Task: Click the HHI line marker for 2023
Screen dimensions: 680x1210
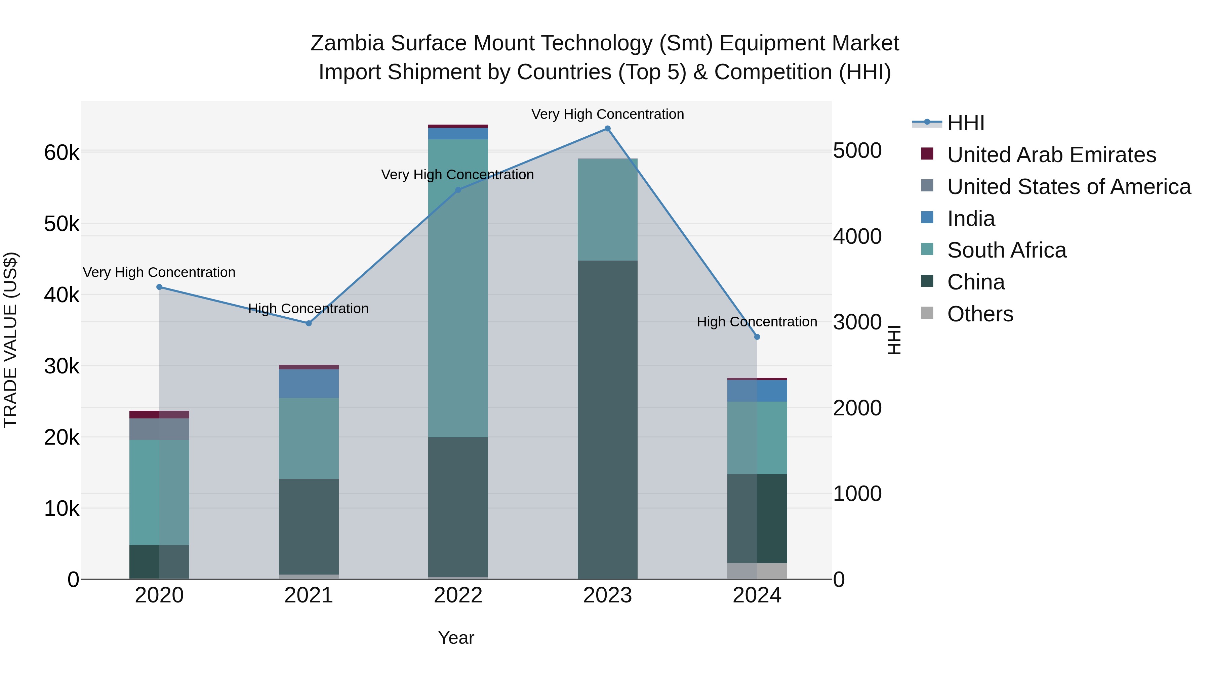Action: pyautogui.click(x=607, y=129)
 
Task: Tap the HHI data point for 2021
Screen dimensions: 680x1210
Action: pyautogui.click(x=309, y=323)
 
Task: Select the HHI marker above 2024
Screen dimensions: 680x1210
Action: pyautogui.click(x=757, y=337)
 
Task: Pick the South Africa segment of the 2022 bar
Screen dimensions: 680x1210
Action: pyautogui.click(x=458, y=288)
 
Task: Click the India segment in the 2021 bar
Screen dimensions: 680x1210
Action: pyautogui.click(x=309, y=384)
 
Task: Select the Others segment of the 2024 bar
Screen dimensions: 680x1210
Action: pyautogui.click(x=757, y=571)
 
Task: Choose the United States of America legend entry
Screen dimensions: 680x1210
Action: pyautogui.click(x=1068, y=186)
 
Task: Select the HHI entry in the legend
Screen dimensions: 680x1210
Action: pyautogui.click(x=965, y=123)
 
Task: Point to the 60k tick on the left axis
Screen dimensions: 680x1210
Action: pyautogui.click(x=62, y=152)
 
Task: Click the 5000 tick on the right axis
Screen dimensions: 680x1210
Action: pyautogui.click(x=857, y=151)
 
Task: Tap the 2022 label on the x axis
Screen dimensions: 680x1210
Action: pyautogui.click(x=458, y=595)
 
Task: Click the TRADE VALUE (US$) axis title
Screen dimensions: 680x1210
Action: pyautogui.click(x=10, y=340)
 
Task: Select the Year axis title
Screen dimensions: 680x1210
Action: pyautogui.click(x=456, y=638)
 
